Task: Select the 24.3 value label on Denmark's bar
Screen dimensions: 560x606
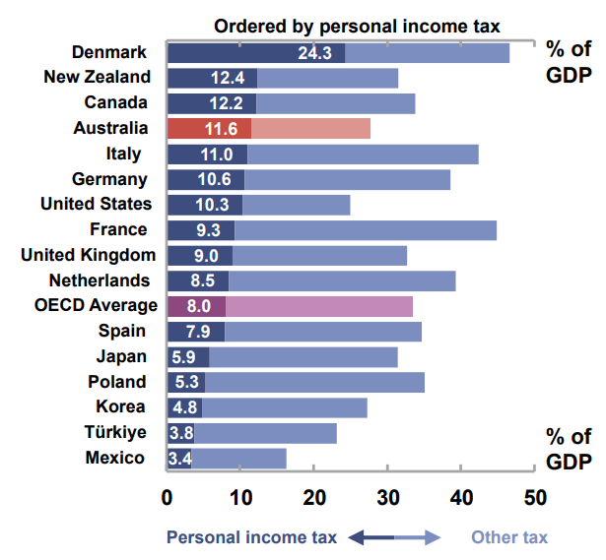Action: [314, 53]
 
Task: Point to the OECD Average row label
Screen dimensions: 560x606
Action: [96, 305]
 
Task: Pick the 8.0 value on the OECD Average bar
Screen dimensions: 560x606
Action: [199, 306]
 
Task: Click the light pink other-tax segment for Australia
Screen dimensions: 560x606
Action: [310, 128]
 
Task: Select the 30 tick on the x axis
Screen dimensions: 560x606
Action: [387, 497]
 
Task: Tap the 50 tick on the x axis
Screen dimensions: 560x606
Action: [534, 497]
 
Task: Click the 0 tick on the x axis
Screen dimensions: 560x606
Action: [168, 497]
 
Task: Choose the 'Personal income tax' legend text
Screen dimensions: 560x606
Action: [251, 537]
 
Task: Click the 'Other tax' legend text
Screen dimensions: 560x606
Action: [508, 537]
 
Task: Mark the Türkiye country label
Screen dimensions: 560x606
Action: [115, 432]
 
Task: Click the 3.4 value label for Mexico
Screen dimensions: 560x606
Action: [179, 459]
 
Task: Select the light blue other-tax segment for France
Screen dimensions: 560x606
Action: [366, 230]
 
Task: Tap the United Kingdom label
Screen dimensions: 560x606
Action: [89, 255]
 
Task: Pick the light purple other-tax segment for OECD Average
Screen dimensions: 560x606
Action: [319, 306]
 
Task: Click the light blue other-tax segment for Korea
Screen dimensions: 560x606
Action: [285, 407]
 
